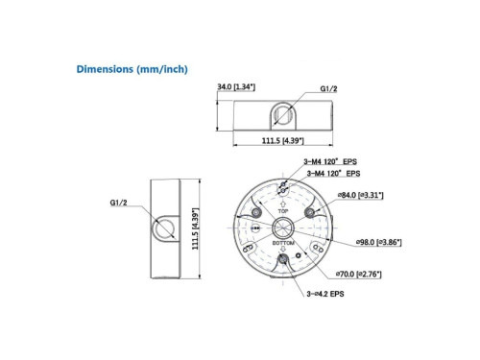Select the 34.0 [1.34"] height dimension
[x=237, y=87]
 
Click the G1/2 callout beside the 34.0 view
[x=328, y=88]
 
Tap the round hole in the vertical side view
[x=161, y=228]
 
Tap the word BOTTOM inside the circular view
[x=283, y=244]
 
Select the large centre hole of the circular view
[x=283, y=228]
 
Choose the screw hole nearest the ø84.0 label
[x=312, y=211]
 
